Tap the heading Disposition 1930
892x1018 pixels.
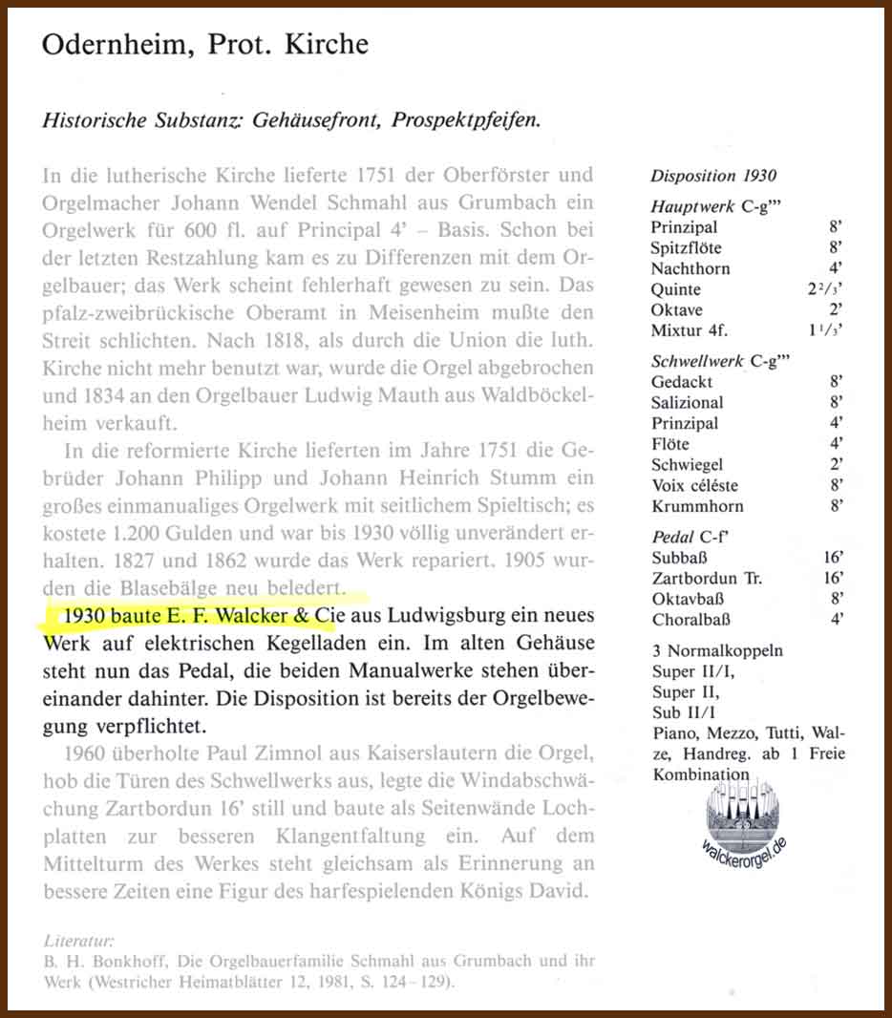[x=713, y=176]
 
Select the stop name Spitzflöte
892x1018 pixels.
[x=688, y=247]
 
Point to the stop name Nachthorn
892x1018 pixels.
[x=690, y=268]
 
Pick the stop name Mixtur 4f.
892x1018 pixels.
[x=689, y=331]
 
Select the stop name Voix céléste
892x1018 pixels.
[x=694, y=485]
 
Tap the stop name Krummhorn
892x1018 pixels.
[x=697, y=506]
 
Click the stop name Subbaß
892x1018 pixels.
[x=680, y=558]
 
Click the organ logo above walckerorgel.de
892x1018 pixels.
[x=746, y=807]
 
